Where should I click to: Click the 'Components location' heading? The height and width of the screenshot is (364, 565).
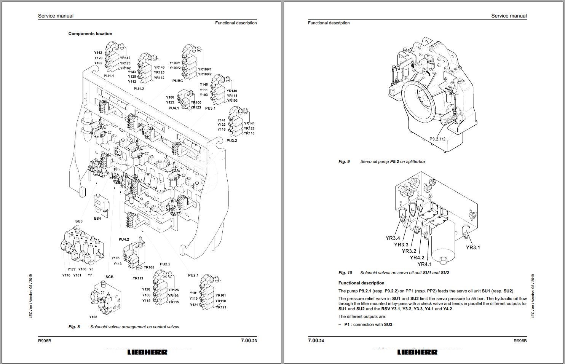(90, 34)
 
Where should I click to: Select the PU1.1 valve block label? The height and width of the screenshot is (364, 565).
(109, 76)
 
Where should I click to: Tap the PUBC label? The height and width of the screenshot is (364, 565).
(177, 81)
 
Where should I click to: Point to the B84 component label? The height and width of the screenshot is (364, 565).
(97, 219)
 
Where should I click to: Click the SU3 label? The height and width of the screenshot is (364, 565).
(79, 221)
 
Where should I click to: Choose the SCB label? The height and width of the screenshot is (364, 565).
(109, 277)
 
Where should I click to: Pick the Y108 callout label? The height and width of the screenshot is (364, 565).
(93, 317)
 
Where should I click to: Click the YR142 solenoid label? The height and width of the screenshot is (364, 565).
(125, 58)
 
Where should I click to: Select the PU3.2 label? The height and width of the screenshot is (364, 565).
(231, 140)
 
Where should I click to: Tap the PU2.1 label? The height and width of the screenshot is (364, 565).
(193, 275)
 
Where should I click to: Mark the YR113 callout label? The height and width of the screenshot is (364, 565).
(138, 278)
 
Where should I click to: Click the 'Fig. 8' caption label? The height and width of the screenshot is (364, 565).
(74, 327)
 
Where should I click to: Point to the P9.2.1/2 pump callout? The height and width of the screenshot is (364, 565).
(437, 139)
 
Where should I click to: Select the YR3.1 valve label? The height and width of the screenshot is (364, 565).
(473, 247)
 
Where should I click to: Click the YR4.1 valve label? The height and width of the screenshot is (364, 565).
(425, 264)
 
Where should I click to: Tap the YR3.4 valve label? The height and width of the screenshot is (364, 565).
(393, 238)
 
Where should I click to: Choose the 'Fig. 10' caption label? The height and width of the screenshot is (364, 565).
(345, 273)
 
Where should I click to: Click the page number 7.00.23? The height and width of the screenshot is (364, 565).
(249, 341)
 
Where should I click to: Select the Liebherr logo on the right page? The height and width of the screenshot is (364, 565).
(417, 352)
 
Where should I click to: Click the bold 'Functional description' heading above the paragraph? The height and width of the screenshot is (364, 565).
(361, 283)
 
